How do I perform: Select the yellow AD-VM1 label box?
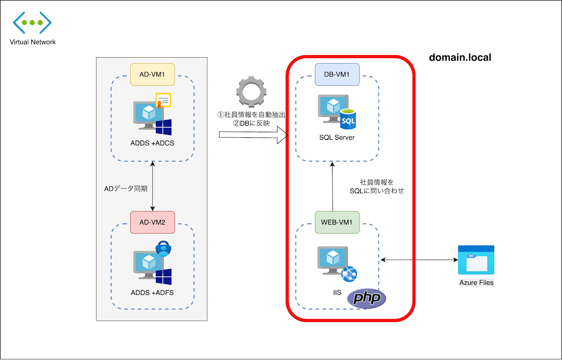point(152,75)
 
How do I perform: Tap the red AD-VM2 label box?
point(152,222)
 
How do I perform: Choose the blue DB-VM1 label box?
point(337,75)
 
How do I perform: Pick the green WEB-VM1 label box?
point(337,222)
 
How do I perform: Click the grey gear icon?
point(251,92)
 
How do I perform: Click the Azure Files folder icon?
point(476,260)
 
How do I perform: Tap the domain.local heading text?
point(460,58)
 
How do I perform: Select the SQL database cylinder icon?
point(348,119)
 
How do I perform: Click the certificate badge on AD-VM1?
point(163,100)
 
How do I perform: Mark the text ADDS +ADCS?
point(152,143)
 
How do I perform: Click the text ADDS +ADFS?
point(152,293)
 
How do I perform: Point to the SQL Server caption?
point(337,137)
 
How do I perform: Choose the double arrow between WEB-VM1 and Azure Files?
point(419,259)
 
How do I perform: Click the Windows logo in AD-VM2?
point(163,277)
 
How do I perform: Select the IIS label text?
point(337,292)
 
